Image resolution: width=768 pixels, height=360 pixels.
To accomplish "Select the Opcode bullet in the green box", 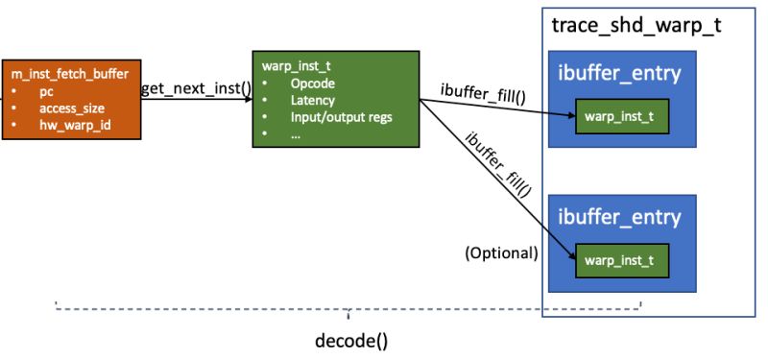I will [312, 84].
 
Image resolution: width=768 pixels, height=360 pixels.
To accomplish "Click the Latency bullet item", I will [313, 100].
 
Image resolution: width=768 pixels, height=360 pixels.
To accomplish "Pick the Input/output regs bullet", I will [340, 117].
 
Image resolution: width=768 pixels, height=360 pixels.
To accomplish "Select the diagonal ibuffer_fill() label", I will [499, 159].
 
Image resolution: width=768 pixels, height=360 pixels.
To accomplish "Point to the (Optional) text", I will [500, 253].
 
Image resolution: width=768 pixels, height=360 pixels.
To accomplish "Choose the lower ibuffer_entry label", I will [619, 218].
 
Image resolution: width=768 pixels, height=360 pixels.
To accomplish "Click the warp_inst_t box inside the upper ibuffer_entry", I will [619, 117].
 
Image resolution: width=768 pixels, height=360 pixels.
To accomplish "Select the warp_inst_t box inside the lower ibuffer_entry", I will [619, 259].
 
